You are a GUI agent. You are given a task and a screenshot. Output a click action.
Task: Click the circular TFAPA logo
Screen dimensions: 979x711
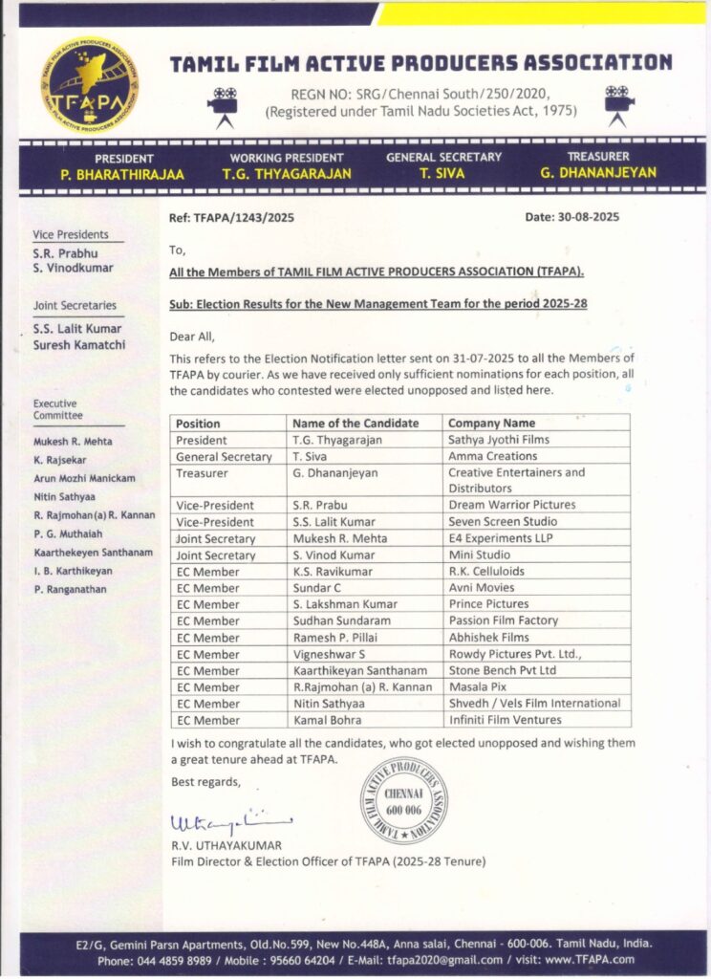(x=89, y=85)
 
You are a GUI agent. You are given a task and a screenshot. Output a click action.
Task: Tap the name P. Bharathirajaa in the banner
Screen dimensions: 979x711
(x=124, y=174)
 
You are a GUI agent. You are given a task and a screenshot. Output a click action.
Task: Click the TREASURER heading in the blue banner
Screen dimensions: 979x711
(x=597, y=157)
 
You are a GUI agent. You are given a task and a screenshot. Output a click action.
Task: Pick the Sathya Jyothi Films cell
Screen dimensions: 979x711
(x=499, y=440)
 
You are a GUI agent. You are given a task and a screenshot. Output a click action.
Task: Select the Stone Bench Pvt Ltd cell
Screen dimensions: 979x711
(x=502, y=670)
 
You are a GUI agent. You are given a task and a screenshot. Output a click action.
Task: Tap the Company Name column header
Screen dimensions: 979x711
(x=491, y=423)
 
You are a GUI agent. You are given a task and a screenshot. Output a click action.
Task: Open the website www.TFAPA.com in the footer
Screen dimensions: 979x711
(x=591, y=960)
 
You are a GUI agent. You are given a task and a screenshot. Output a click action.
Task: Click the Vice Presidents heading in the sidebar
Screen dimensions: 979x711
(x=71, y=234)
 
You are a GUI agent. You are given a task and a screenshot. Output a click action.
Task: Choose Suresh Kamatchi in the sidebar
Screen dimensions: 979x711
(x=79, y=344)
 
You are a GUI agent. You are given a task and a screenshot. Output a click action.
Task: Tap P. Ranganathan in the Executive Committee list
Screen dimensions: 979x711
(x=71, y=590)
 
